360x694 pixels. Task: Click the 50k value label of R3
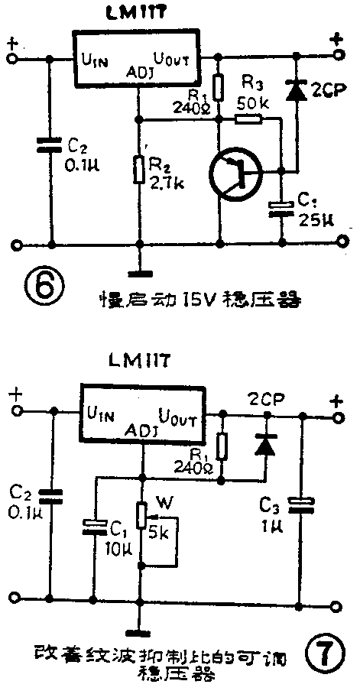point(254,102)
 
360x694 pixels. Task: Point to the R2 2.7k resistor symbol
point(138,170)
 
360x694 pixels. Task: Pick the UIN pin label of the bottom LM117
point(102,416)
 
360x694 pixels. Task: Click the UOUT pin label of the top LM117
point(177,58)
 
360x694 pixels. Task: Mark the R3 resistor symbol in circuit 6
point(247,118)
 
